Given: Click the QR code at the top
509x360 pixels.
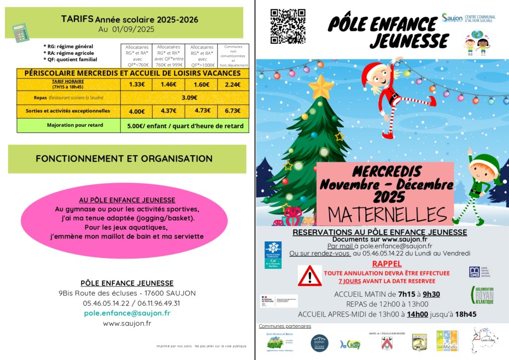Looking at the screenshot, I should click(287, 26).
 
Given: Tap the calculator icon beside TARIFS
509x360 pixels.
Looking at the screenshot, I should click(21, 32).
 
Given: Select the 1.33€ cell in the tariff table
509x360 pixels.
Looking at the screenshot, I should click(137, 85).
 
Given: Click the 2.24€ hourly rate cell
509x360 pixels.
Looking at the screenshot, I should click(233, 85).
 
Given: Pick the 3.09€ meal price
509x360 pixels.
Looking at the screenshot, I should click(189, 98).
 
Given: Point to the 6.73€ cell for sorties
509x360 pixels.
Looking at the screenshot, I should click(233, 111).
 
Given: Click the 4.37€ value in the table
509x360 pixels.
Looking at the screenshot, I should click(169, 111).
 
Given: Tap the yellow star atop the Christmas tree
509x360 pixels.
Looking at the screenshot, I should click(321, 88).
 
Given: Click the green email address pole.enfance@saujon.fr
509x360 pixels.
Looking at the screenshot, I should click(127, 313).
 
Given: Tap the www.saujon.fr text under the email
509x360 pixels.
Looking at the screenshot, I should click(127, 324).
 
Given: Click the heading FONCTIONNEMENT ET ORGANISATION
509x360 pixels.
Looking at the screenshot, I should click(124, 159).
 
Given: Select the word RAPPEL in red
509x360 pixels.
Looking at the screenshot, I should click(387, 264).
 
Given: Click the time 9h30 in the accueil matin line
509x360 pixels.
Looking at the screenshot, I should click(431, 294).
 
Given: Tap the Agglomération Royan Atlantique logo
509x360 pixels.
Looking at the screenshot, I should click(482, 295).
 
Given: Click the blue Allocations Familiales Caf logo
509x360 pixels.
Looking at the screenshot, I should click(273, 255).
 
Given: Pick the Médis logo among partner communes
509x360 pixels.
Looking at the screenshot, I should click(447, 341).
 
